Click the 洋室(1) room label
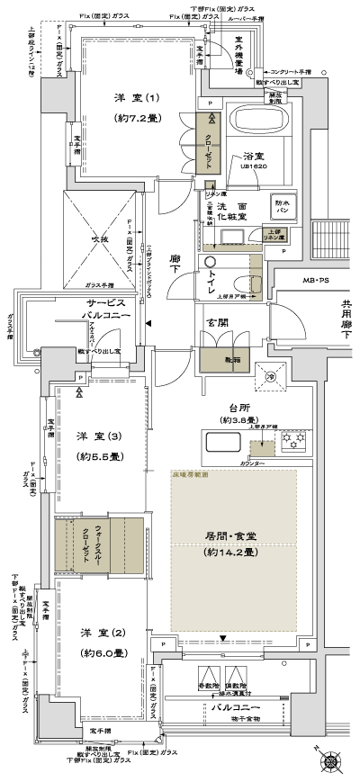(137, 98)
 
